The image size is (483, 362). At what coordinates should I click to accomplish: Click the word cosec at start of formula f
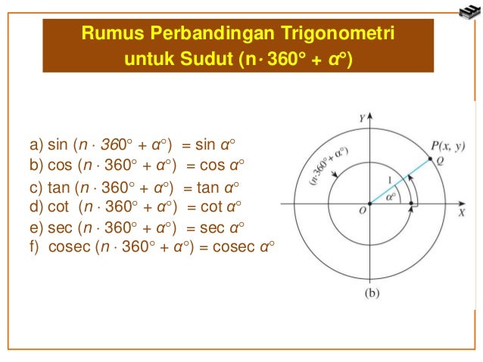pos(67,246)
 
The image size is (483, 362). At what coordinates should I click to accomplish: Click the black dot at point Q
pos(430,159)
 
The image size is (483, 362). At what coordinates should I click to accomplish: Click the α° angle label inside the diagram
pos(391,195)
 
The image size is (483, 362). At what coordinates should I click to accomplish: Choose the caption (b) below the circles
pos(372,292)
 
